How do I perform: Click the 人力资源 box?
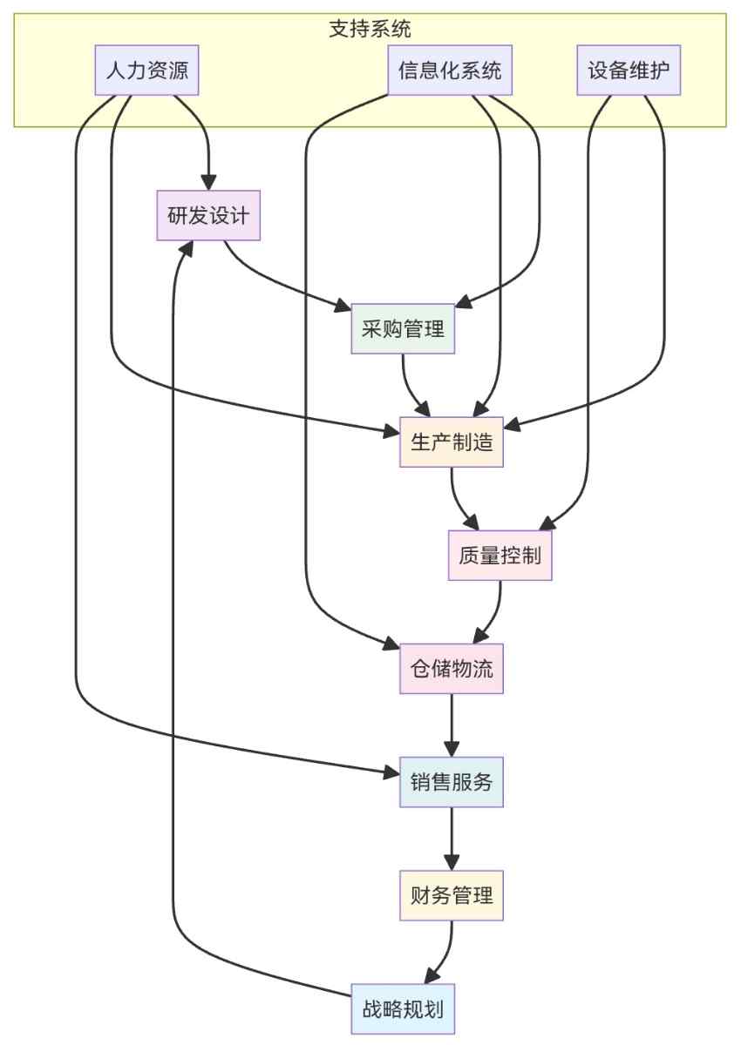pyautogui.click(x=146, y=71)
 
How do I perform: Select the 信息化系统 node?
pyautogui.click(x=450, y=71)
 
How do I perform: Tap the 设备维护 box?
pyautogui.click(x=629, y=71)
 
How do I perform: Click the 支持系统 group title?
pyautogui.click(x=370, y=28)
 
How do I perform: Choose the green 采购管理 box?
pyautogui.click(x=403, y=329)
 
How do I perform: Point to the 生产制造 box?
pyautogui.click(x=452, y=442)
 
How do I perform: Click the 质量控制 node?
pyautogui.click(x=500, y=556)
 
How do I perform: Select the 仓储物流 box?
pyautogui.click(x=452, y=669)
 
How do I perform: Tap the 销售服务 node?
pyautogui.click(x=452, y=782)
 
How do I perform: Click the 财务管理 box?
pyautogui.click(x=452, y=895)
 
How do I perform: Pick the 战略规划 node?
pyautogui.click(x=403, y=1009)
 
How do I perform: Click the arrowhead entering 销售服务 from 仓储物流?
pyautogui.click(x=452, y=750)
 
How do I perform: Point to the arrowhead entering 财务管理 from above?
pyautogui.click(x=452, y=863)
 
